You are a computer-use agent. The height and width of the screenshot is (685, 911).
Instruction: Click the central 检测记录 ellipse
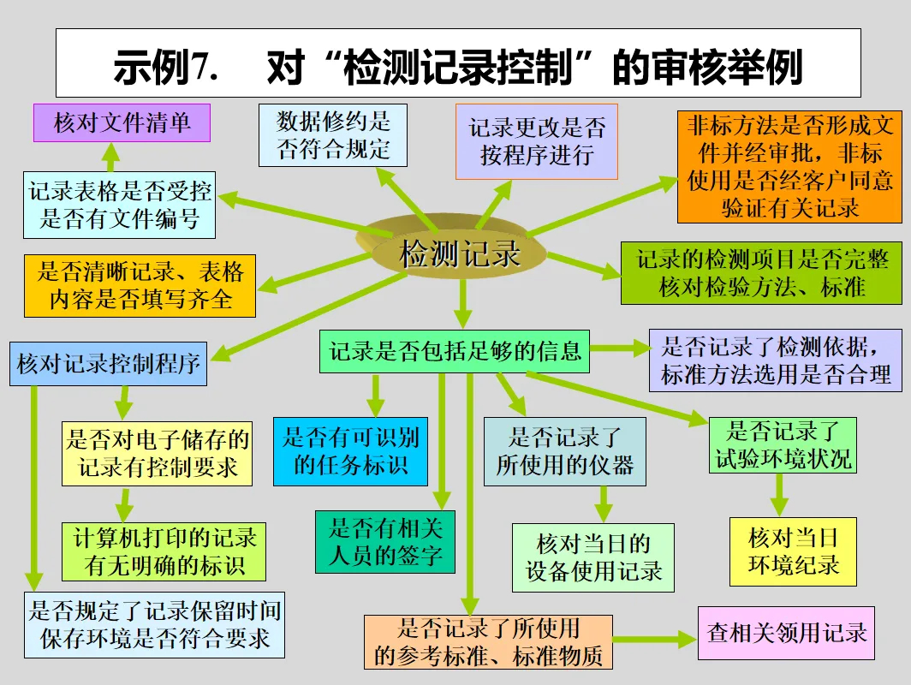[460, 253]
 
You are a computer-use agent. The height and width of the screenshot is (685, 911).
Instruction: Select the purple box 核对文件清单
[122, 122]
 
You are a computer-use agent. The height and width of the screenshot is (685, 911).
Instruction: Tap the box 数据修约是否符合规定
[333, 135]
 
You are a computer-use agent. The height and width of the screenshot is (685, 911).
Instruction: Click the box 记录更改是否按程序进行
[536, 142]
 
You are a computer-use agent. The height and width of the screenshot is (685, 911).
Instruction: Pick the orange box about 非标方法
[789, 166]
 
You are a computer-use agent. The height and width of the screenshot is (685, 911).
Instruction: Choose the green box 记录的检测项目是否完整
[761, 273]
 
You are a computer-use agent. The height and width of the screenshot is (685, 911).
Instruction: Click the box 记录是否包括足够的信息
[455, 351]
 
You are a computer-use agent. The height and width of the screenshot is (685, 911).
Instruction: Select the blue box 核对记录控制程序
[108, 364]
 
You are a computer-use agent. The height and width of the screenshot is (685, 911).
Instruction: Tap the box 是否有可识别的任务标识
[351, 451]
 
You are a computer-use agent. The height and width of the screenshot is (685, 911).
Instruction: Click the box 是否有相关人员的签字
[385, 541]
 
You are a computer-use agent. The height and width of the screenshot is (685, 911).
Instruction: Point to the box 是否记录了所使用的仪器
[565, 451]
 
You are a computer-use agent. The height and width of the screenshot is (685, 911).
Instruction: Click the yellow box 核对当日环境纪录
[793, 551]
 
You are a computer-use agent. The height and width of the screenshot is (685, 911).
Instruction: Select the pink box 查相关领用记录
[786, 634]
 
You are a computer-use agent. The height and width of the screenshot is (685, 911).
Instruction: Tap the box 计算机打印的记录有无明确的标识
[164, 551]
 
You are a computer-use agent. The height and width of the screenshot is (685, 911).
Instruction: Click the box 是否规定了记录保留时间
[155, 624]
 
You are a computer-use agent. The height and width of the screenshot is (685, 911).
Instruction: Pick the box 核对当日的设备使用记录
[593, 557]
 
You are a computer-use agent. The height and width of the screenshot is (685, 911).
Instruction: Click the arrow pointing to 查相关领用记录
[655, 639]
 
